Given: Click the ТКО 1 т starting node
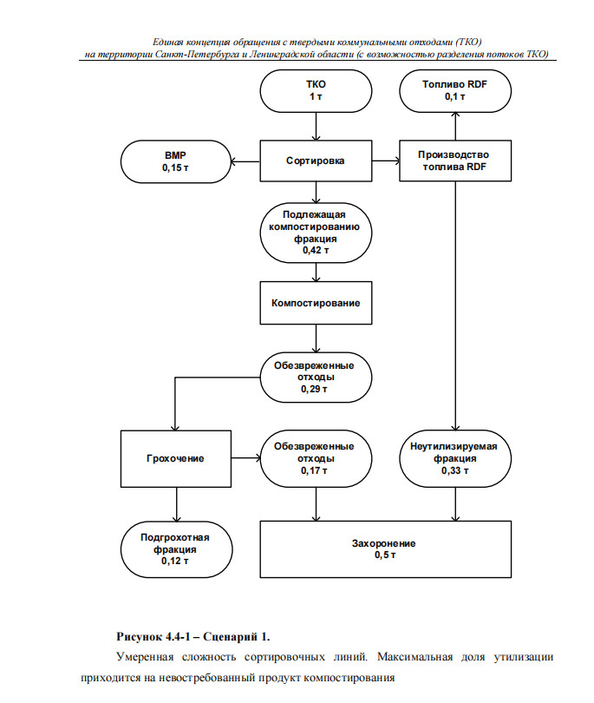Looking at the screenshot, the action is click(x=316, y=91).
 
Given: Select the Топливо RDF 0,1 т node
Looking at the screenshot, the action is click(x=455, y=91).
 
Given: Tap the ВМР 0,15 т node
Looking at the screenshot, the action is click(x=176, y=161).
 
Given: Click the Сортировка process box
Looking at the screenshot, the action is click(x=316, y=161).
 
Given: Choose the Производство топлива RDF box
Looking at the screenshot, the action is click(x=455, y=161).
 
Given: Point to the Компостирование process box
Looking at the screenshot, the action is click(x=316, y=303).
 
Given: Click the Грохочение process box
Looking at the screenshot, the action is click(x=176, y=458).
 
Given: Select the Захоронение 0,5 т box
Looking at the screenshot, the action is click(x=385, y=549).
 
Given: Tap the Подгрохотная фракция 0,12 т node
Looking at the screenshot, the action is click(x=176, y=549).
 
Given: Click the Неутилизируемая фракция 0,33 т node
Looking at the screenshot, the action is click(x=455, y=458).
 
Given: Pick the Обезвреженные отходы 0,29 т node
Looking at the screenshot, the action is click(x=316, y=377).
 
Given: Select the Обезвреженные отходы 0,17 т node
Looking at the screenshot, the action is click(x=316, y=458).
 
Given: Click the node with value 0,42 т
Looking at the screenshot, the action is click(x=316, y=233).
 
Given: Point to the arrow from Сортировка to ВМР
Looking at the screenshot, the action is click(x=245, y=161).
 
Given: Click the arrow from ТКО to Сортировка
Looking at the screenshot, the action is click(x=316, y=127).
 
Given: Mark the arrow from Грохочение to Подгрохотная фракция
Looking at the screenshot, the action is click(x=177, y=504).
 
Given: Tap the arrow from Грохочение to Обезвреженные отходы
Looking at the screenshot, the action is click(x=246, y=458).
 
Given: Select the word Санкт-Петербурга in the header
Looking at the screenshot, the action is click(x=198, y=55).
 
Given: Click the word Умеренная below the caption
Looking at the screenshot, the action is click(x=145, y=657).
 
